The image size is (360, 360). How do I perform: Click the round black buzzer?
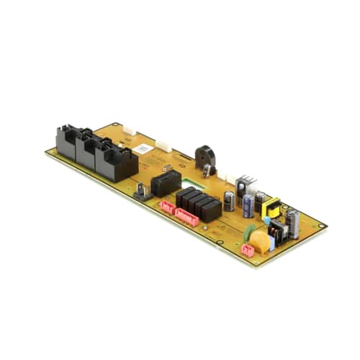click(204, 158)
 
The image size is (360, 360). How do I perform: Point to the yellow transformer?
click(271, 209)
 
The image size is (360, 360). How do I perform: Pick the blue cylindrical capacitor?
click(247, 205)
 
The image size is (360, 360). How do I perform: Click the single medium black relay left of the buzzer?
click(166, 183)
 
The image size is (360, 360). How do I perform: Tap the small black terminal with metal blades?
click(142, 192)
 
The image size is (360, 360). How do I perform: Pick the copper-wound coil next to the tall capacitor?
click(276, 230)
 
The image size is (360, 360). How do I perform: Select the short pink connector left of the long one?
click(166, 209)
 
